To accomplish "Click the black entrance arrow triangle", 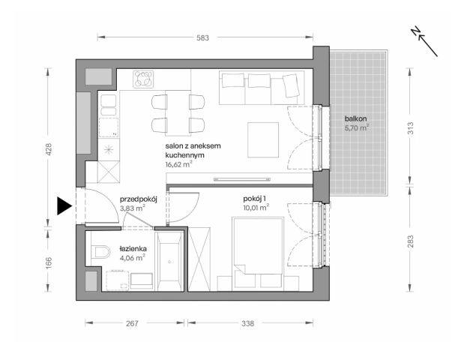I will pyautogui.click(x=64, y=205).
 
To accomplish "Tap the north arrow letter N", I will pyautogui.click(x=416, y=31).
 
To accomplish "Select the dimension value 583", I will pyautogui.click(x=202, y=35).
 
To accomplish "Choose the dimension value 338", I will pyautogui.click(x=248, y=324).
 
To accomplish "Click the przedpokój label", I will pyautogui.click(x=137, y=200).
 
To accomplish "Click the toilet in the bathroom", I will pyautogui.click(x=100, y=251).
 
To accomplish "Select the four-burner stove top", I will pyautogui.click(x=142, y=78).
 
